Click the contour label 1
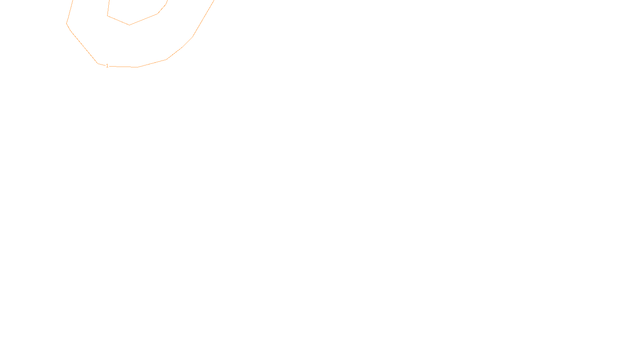tap(107, 66)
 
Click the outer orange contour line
tap(83, 47)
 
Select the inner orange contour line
tap(143, 19)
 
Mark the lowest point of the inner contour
tap(129, 25)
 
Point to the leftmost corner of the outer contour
tap(66, 23)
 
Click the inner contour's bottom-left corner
tap(108, 16)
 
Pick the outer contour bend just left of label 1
tap(98, 63)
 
